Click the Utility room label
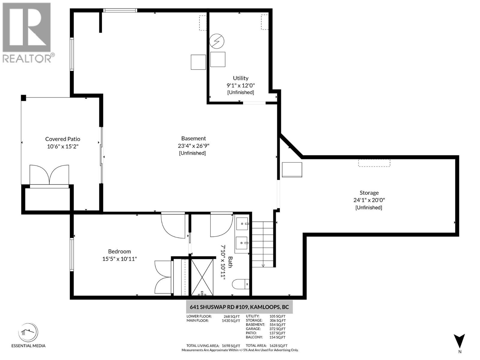point(241,78)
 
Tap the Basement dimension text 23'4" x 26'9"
point(193,146)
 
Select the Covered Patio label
point(63,139)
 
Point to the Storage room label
point(369,193)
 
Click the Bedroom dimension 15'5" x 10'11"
point(119,259)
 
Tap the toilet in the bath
point(241,284)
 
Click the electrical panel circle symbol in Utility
point(217,41)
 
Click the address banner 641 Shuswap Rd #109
point(239,307)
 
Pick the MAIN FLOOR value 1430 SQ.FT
point(231,320)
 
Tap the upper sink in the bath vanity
point(242,224)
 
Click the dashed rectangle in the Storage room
point(374,163)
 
